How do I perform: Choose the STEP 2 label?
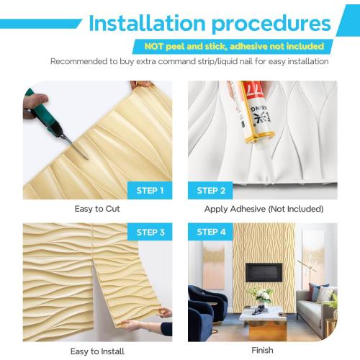click(x=211, y=191)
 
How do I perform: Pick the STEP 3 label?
click(x=150, y=232)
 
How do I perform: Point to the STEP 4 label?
click(x=211, y=232)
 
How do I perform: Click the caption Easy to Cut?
click(x=97, y=209)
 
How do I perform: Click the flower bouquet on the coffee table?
click(x=260, y=295)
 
